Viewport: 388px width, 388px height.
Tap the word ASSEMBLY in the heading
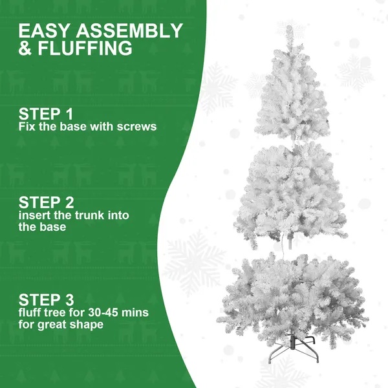click(128, 31)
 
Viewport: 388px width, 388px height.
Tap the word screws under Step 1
click(136, 127)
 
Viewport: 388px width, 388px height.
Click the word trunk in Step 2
click(96, 215)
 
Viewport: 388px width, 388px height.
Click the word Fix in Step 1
click(27, 127)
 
